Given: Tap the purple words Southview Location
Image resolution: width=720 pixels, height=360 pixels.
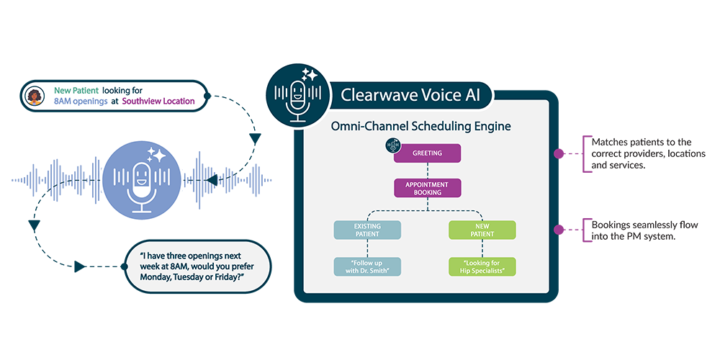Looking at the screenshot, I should click(158, 102).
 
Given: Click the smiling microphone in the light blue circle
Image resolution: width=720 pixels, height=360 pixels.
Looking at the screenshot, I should click(142, 184).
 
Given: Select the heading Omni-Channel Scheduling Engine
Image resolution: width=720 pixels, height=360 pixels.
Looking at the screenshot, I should click(420, 126).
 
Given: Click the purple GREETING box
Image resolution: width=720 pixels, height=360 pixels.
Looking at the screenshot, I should click(427, 153).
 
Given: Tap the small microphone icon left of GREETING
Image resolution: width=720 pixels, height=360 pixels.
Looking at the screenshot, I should click(393, 144).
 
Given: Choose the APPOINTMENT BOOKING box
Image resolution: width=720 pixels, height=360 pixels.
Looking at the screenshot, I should click(427, 188).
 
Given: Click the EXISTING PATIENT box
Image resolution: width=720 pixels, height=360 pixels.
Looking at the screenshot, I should click(367, 230).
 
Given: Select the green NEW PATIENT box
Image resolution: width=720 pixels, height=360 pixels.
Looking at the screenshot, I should click(482, 230).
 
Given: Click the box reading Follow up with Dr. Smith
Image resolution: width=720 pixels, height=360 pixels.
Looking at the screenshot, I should click(367, 266).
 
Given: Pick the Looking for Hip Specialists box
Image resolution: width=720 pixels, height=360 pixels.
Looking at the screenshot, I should click(482, 266).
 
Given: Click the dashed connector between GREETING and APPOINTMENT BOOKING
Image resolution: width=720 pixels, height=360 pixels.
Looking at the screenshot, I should click(427, 171).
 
